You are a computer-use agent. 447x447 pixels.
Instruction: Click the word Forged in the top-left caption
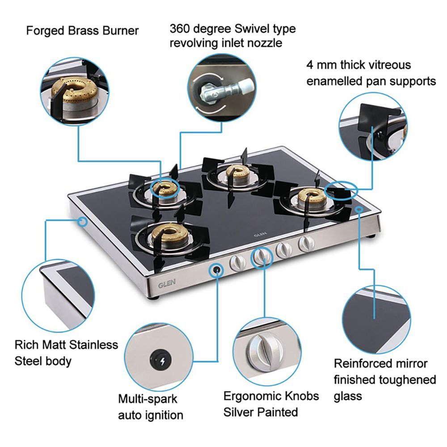[43, 31]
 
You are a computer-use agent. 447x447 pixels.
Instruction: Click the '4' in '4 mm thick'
[310, 65]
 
